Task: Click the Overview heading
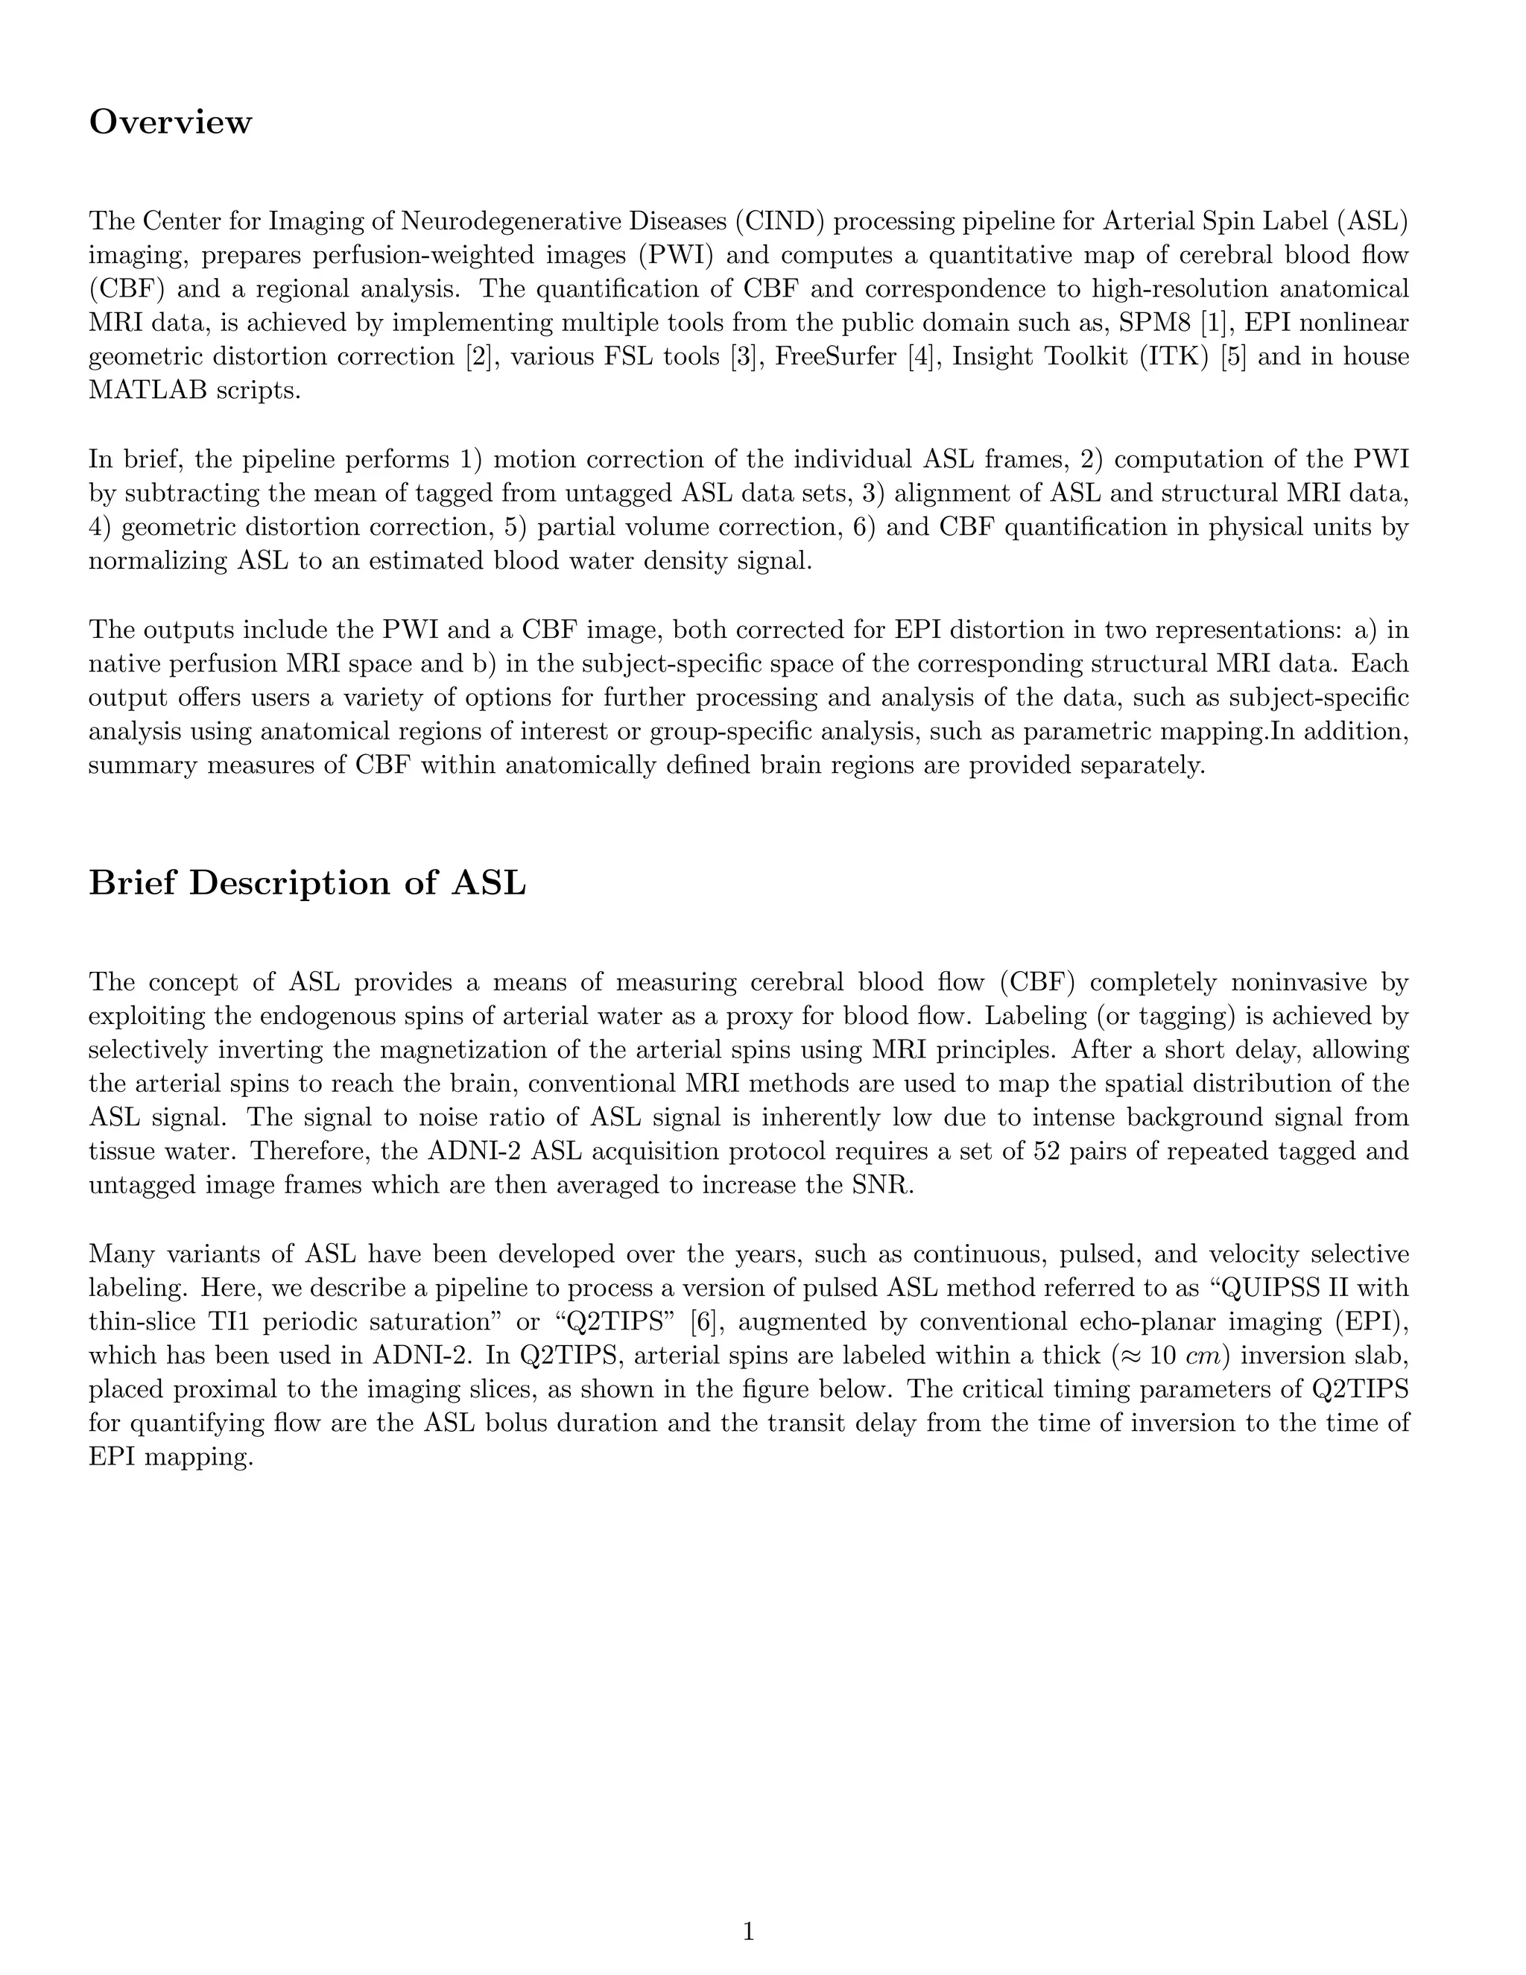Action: (x=170, y=122)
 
